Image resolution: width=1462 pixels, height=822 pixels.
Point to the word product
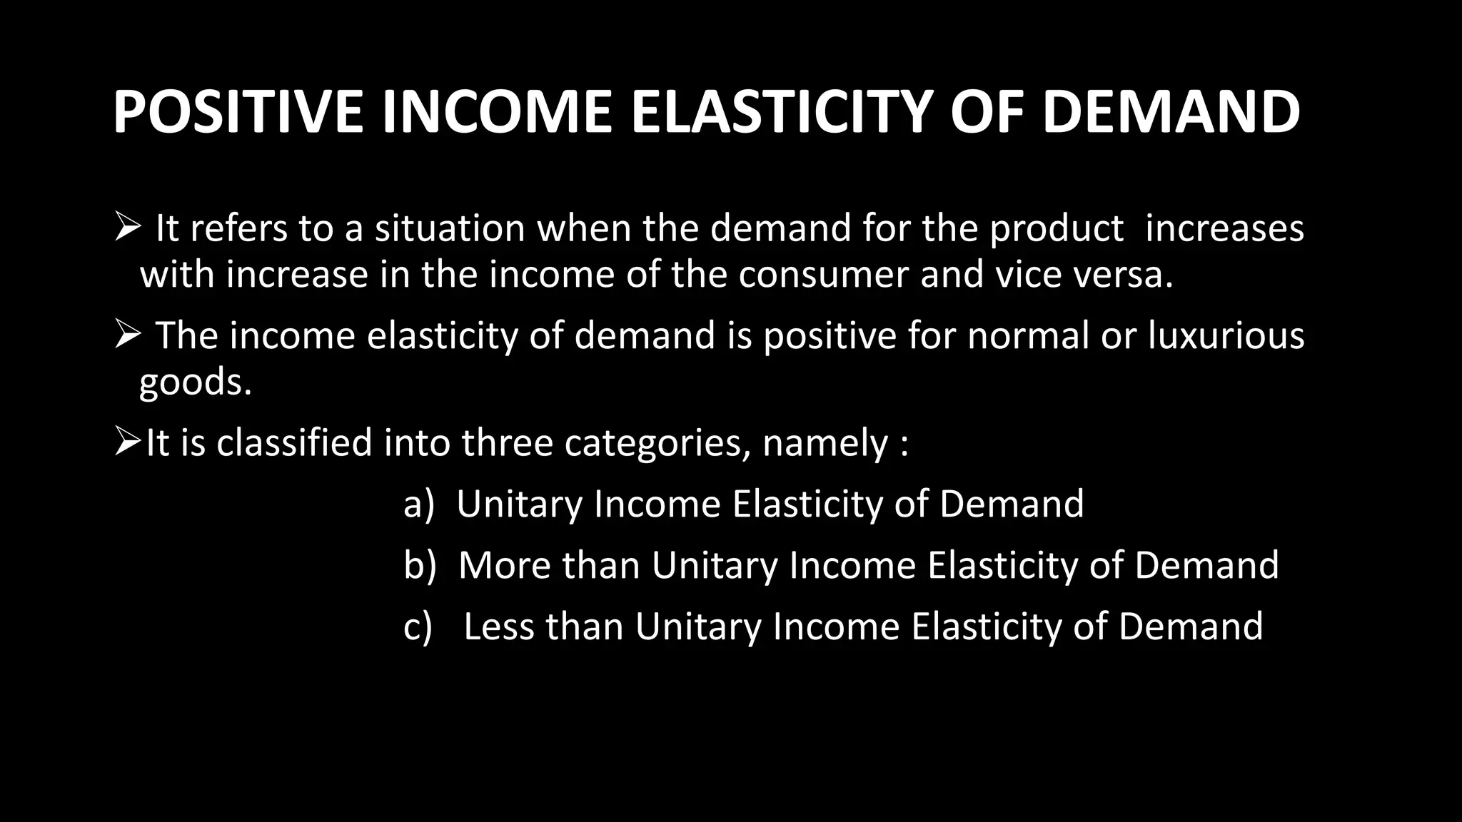[1057, 228]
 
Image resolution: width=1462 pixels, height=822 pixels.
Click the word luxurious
[1226, 335]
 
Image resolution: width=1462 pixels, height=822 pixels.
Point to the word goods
[195, 382]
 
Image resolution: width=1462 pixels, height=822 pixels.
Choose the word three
[507, 442]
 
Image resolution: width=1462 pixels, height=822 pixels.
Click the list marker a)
[418, 504]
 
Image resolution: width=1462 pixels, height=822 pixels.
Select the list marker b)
[419, 565]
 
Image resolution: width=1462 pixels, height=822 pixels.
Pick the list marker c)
[418, 626]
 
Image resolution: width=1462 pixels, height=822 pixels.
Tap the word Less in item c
[499, 626]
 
